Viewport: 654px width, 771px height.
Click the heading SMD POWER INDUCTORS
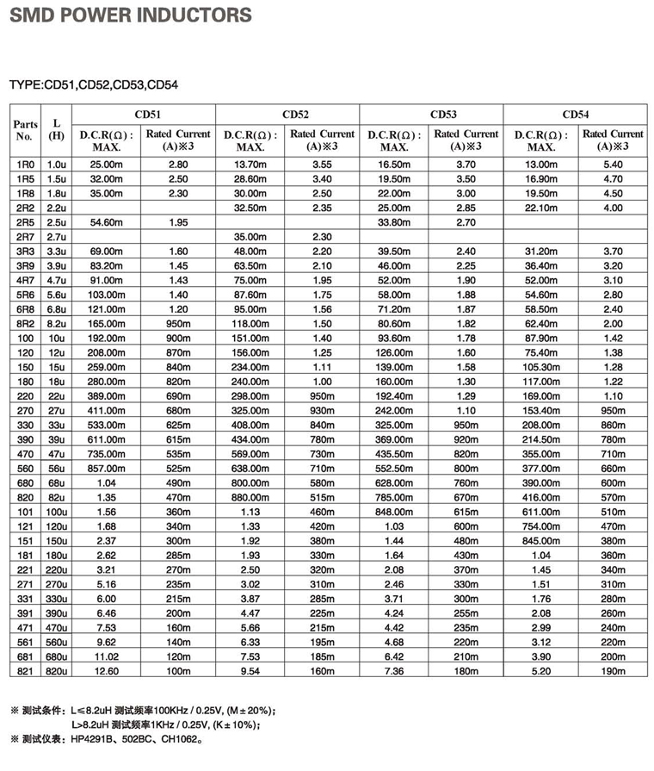(x=130, y=16)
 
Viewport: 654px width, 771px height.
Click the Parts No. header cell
(x=27, y=129)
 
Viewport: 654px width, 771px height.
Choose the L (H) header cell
(x=57, y=129)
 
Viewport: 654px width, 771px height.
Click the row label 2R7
(x=25, y=236)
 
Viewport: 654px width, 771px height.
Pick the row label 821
(x=25, y=669)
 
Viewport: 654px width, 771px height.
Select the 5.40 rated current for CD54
(x=614, y=164)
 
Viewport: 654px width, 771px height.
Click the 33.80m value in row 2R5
(x=395, y=221)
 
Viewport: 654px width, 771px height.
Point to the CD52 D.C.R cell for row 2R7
(x=251, y=236)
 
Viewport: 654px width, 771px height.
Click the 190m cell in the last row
(x=614, y=669)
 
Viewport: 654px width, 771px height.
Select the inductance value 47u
(x=57, y=452)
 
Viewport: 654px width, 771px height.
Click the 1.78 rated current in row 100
(x=466, y=337)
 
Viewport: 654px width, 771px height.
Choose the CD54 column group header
(x=575, y=114)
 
